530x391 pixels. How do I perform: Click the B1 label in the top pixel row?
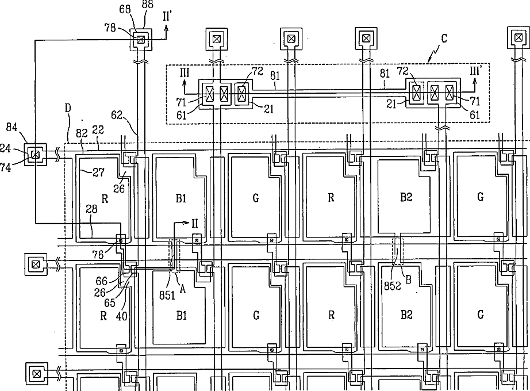pyautogui.click(x=181, y=198)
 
